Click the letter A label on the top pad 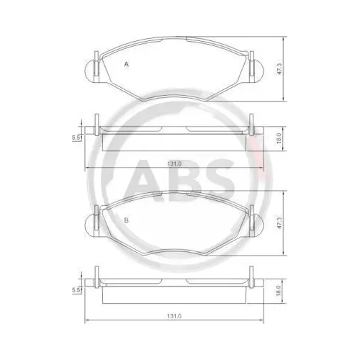coord(127,65)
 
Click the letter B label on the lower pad coord(126,220)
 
